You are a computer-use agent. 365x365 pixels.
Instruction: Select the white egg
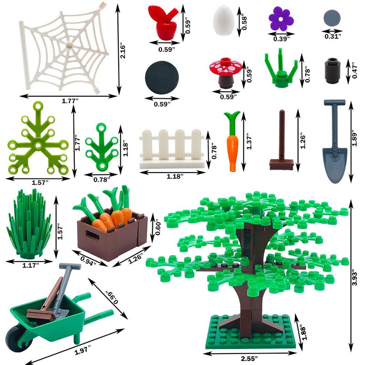coord(223,21)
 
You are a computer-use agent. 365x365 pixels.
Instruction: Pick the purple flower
coord(281,19)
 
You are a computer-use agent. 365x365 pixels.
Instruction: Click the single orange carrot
coord(232,141)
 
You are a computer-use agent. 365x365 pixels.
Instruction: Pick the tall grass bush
coord(30,224)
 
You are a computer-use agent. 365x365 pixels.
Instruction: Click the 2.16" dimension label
coord(122,52)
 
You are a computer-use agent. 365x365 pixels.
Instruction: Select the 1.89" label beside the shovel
coord(355,139)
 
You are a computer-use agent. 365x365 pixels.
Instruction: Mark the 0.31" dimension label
coord(333,36)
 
